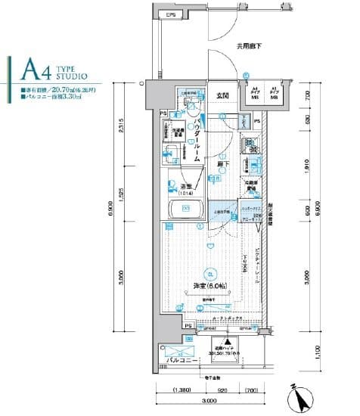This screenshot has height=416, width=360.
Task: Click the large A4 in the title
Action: coord(36,70)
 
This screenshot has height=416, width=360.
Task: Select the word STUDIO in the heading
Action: coord(72,76)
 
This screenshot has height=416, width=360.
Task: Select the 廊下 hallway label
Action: coord(225,163)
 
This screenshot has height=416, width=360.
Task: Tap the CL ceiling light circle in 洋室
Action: coord(211,274)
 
